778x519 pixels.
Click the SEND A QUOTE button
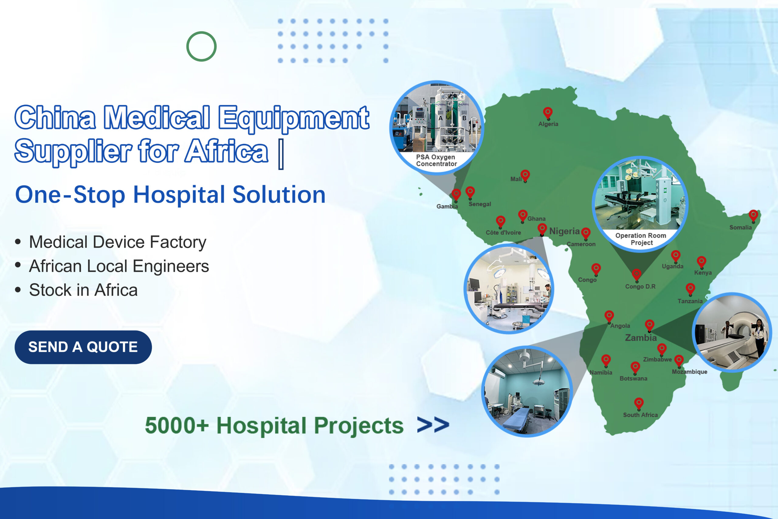click(x=83, y=347)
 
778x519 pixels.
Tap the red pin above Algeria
click(x=548, y=113)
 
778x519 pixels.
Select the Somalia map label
click(x=741, y=227)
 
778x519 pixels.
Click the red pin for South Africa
click(x=639, y=403)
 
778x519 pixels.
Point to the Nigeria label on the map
click(x=564, y=231)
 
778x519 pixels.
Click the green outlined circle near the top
click(x=201, y=46)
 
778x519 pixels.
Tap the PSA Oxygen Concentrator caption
click(x=436, y=160)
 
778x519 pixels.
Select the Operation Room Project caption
click(x=641, y=239)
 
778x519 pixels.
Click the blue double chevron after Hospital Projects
click(x=433, y=425)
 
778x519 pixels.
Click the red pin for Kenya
click(x=701, y=262)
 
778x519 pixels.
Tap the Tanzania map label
click(x=690, y=301)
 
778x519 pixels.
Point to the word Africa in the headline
click(x=226, y=151)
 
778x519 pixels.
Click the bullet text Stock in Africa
click(x=83, y=290)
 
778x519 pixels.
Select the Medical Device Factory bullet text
click(x=118, y=242)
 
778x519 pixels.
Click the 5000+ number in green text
click(x=177, y=425)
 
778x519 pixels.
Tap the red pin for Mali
click(x=525, y=176)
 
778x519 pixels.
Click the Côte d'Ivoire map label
click(x=503, y=233)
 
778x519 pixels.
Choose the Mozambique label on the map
click(x=689, y=372)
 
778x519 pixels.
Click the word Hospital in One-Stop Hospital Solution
click(x=179, y=195)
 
